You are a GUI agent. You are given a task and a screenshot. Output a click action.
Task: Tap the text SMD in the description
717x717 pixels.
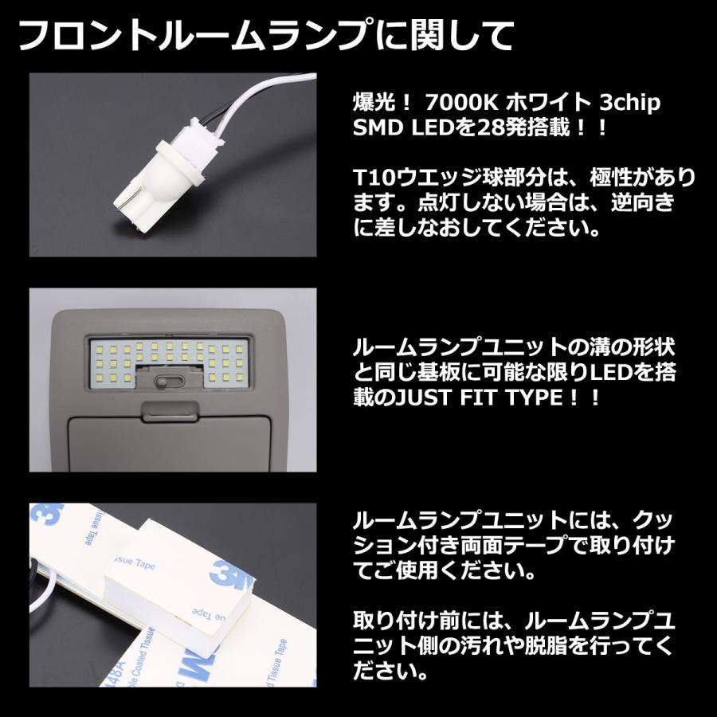(374, 127)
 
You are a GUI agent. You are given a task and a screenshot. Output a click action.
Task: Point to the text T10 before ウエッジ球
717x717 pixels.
(371, 177)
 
